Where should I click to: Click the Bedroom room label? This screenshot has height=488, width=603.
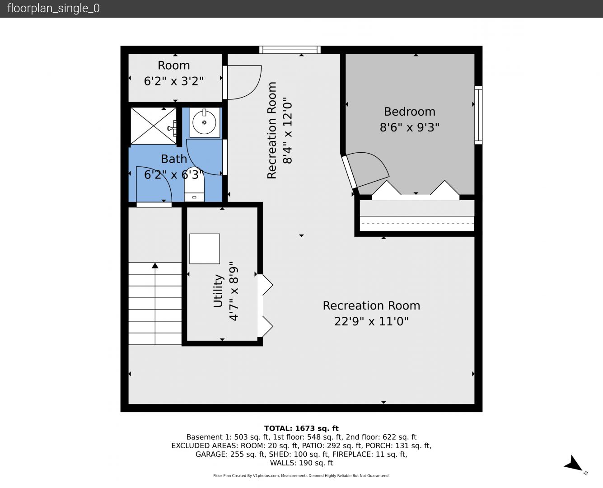tap(409, 112)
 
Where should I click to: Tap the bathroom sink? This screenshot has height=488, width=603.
tap(205, 122)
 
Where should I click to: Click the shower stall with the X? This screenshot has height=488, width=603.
tap(153, 126)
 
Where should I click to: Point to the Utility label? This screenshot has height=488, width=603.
tap(218, 291)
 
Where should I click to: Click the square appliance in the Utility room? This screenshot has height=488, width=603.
tap(205, 249)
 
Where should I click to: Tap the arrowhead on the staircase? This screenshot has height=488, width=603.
tap(155, 265)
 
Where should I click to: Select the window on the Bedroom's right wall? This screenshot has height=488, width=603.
tap(478, 115)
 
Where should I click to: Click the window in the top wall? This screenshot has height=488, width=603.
tap(290, 50)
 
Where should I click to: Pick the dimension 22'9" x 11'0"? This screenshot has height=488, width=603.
tap(371, 321)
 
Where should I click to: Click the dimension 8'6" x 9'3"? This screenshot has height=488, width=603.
tap(409, 127)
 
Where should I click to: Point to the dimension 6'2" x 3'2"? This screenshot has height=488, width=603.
tap(173, 81)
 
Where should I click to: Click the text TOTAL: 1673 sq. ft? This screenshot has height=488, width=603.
tap(301, 428)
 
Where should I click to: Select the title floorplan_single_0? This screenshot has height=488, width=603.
tap(53, 8)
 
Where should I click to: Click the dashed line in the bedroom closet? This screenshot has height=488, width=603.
tap(417, 223)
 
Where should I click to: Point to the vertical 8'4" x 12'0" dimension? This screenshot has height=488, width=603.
tap(287, 130)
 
